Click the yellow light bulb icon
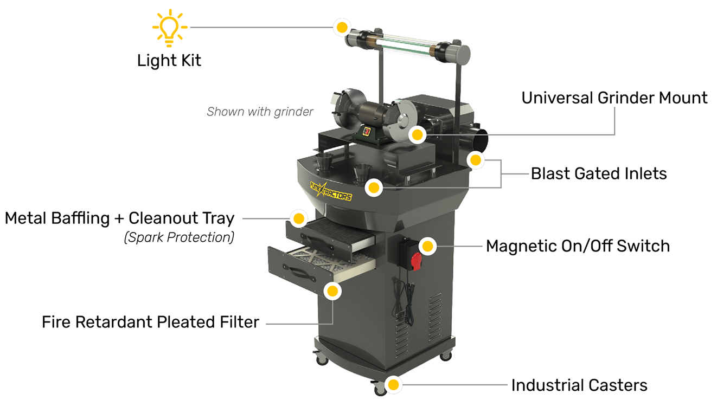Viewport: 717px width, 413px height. tap(169, 27)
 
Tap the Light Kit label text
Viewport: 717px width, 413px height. tap(169, 60)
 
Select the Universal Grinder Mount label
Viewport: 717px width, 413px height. tap(614, 98)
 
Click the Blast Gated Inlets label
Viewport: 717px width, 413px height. tap(599, 173)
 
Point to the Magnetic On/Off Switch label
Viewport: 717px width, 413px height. tap(578, 246)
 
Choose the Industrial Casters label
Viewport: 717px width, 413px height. tap(579, 385)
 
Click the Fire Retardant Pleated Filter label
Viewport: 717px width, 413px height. tap(151, 322)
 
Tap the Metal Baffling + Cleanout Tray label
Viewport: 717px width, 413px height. tap(120, 218)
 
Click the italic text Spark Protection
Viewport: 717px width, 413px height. tap(179, 237)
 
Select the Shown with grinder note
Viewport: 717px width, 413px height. tap(260, 112)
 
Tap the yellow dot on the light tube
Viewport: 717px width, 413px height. tap(342, 27)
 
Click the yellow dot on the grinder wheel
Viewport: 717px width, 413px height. tap(417, 134)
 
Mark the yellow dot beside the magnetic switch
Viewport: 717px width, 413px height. tap(428, 246)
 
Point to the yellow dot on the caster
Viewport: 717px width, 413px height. tap(393, 385)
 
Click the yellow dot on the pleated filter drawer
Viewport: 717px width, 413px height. tap(332, 291)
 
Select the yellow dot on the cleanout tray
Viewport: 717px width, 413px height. tap(298, 219)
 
